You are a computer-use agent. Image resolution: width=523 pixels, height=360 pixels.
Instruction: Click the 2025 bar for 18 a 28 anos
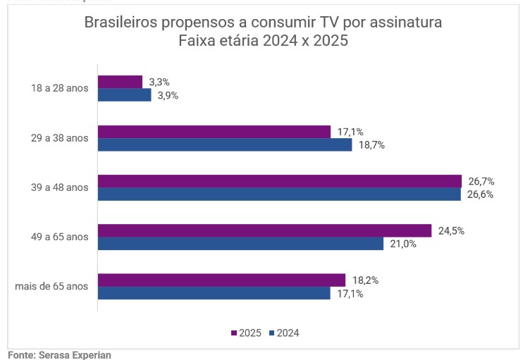(120, 82)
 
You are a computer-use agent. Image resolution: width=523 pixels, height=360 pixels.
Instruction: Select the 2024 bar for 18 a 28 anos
(124, 95)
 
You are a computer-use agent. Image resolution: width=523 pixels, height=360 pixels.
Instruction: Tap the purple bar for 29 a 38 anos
(214, 132)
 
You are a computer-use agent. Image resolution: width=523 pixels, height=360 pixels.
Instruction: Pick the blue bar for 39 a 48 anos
(279, 194)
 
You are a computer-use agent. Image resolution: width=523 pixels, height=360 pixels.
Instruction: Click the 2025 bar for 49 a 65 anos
(264, 230)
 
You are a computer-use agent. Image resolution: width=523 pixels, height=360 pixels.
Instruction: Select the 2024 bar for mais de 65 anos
(214, 293)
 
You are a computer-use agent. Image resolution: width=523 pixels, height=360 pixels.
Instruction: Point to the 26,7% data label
(482, 181)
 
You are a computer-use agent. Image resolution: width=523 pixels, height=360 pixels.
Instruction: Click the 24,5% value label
(452, 230)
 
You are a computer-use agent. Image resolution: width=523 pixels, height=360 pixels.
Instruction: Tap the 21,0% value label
(403, 244)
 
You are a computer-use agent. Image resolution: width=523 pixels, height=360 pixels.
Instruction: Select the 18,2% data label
(366, 280)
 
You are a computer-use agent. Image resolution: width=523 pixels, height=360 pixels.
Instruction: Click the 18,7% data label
(372, 145)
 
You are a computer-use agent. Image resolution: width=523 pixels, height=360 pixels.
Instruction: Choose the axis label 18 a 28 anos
(59, 89)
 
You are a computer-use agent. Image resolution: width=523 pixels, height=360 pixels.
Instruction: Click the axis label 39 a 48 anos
(59, 187)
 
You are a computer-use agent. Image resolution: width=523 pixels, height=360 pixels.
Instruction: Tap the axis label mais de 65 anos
(51, 286)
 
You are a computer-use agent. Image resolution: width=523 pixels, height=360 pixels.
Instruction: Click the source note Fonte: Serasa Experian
(59, 355)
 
